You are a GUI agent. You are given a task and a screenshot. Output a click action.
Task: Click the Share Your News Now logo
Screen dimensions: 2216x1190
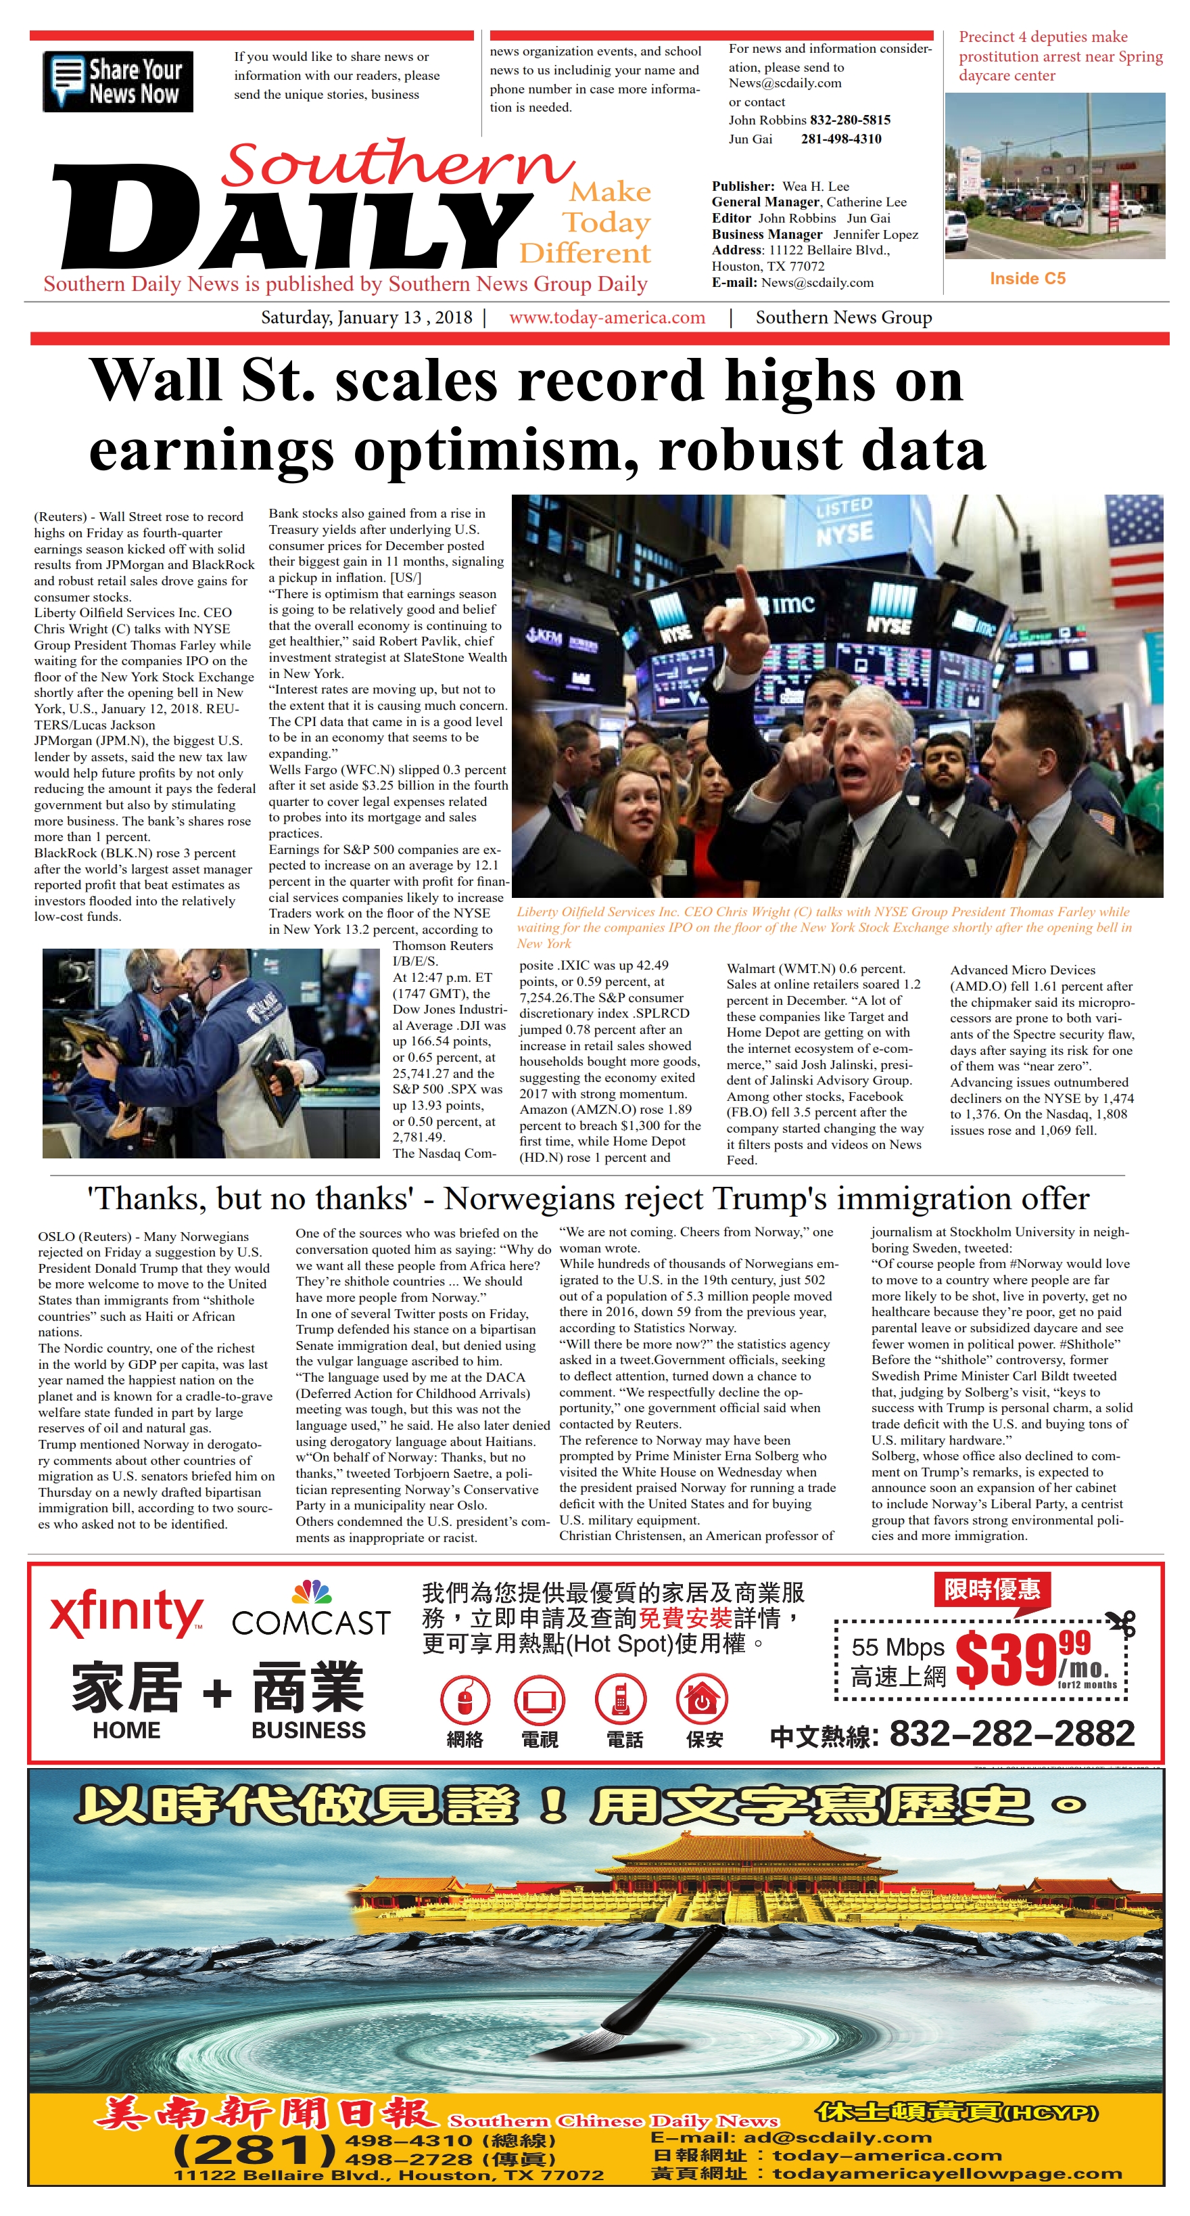[x=118, y=82]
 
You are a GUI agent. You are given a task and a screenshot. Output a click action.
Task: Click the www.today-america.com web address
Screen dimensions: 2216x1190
[x=607, y=317]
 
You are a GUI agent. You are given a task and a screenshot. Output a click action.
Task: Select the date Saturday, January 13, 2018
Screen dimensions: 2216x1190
[x=366, y=317]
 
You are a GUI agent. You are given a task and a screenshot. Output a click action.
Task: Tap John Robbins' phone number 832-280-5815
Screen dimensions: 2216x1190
[x=849, y=120]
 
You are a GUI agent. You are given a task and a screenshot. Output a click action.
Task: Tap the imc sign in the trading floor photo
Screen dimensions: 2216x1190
[x=789, y=604]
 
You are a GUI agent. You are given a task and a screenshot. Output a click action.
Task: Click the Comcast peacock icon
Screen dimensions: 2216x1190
[x=311, y=1592]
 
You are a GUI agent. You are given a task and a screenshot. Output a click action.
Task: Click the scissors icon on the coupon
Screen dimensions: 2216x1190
[x=1121, y=1623]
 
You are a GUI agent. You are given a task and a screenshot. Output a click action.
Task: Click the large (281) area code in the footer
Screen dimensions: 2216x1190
[x=254, y=2150]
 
